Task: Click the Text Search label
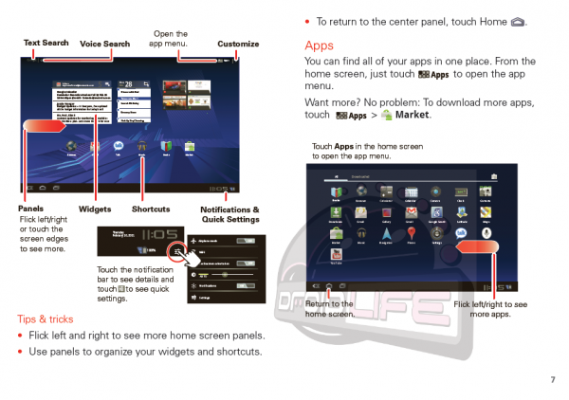point(46,43)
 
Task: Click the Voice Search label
point(104,44)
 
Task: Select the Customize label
point(238,44)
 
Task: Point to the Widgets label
point(96,209)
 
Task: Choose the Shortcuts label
point(151,209)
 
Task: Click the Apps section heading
point(320,45)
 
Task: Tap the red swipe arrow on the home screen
point(45,126)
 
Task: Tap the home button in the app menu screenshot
point(328,285)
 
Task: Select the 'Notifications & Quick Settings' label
point(229,213)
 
